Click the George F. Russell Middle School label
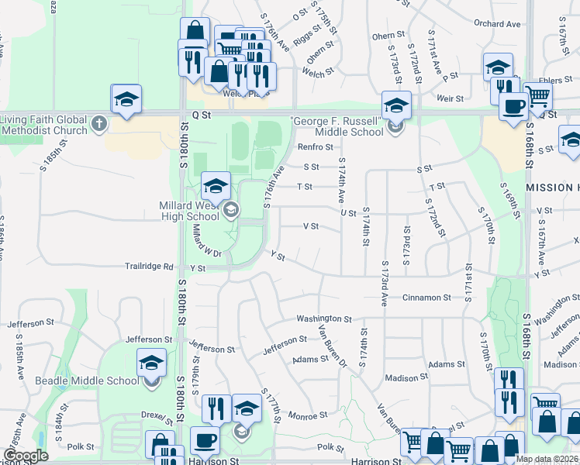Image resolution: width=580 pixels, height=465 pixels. coord(339,126)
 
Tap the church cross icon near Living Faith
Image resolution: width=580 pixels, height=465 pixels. coord(98,123)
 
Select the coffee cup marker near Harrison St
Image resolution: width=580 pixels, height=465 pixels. coord(205,439)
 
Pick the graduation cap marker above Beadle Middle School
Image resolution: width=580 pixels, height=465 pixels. coord(151,362)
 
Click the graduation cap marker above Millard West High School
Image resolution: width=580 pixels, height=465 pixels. coord(216,185)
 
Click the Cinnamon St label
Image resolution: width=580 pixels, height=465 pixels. coord(426,298)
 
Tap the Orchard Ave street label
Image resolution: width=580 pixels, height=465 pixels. coord(497,24)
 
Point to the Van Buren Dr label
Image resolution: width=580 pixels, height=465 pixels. coord(333,344)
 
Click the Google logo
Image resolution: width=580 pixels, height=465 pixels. coord(26,456)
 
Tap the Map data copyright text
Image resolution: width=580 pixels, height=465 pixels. coord(547,459)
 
